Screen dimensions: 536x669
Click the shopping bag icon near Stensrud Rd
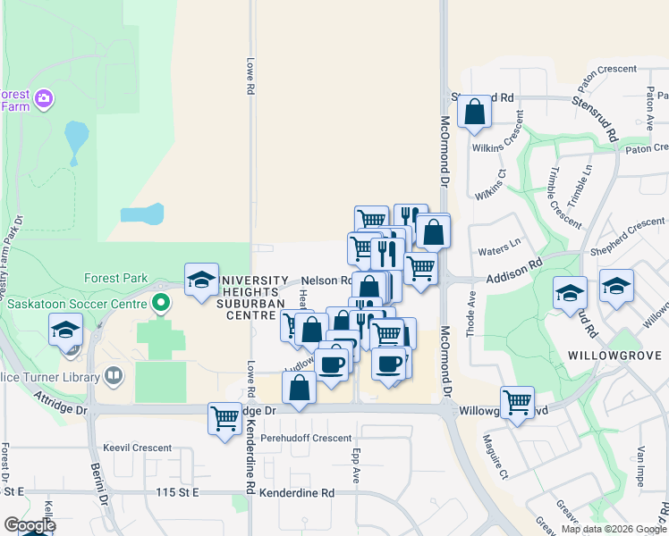tap(474, 113)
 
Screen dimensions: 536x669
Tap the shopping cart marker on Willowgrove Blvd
tap(517, 403)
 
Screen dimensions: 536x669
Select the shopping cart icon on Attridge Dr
tap(224, 418)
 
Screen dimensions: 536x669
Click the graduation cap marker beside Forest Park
tap(201, 280)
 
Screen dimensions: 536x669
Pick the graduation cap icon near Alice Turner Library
tap(65, 330)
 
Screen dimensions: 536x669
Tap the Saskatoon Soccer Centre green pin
tap(161, 303)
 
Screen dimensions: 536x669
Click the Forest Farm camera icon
tap(43, 96)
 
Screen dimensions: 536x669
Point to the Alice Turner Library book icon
tap(113, 377)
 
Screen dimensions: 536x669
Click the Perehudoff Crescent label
tap(306, 439)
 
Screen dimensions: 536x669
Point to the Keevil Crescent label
tap(137, 448)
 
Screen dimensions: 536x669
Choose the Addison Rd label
tap(514, 271)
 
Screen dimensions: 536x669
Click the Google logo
tap(29, 524)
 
